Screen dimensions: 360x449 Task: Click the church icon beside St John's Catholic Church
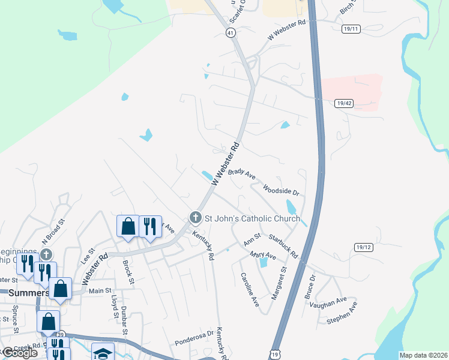194,217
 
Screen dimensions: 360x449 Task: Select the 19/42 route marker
344,103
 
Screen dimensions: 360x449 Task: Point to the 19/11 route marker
351,28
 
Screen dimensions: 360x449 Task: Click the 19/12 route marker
364,247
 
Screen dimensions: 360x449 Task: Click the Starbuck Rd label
283,246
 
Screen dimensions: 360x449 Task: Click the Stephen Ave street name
342,313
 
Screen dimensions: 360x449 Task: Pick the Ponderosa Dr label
194,338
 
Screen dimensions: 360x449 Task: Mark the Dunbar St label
125,321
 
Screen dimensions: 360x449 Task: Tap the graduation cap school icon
103,353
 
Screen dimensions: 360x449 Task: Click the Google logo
20,353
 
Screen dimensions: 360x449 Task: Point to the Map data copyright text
423,355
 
